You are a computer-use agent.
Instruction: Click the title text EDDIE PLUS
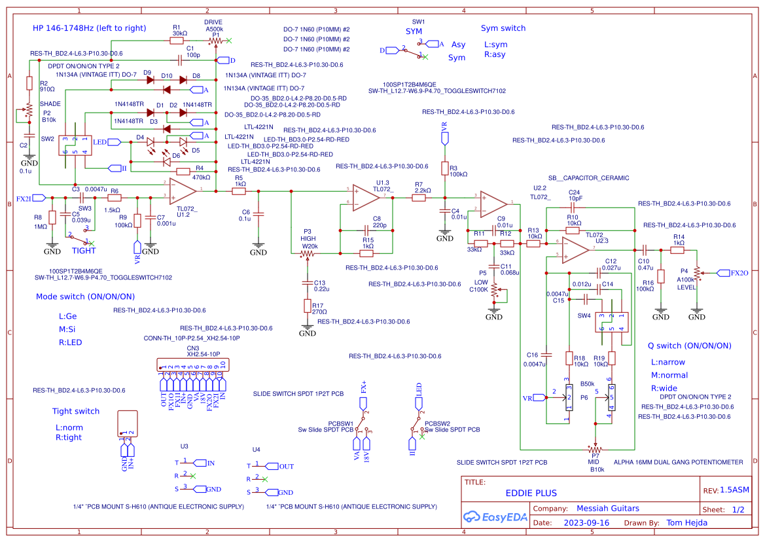tap(531, 493)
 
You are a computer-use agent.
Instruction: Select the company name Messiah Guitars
tap(608, 509)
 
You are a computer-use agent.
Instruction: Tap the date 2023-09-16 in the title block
tap(586, 523)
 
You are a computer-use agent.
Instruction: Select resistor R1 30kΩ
tap(177, 41)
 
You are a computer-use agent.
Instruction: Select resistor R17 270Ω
tap(307, 306)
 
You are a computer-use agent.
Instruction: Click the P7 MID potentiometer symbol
tap(595, 450)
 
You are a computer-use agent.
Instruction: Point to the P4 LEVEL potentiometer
tap(698, 272)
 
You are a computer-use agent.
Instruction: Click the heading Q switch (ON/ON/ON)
tap(689, 346)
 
